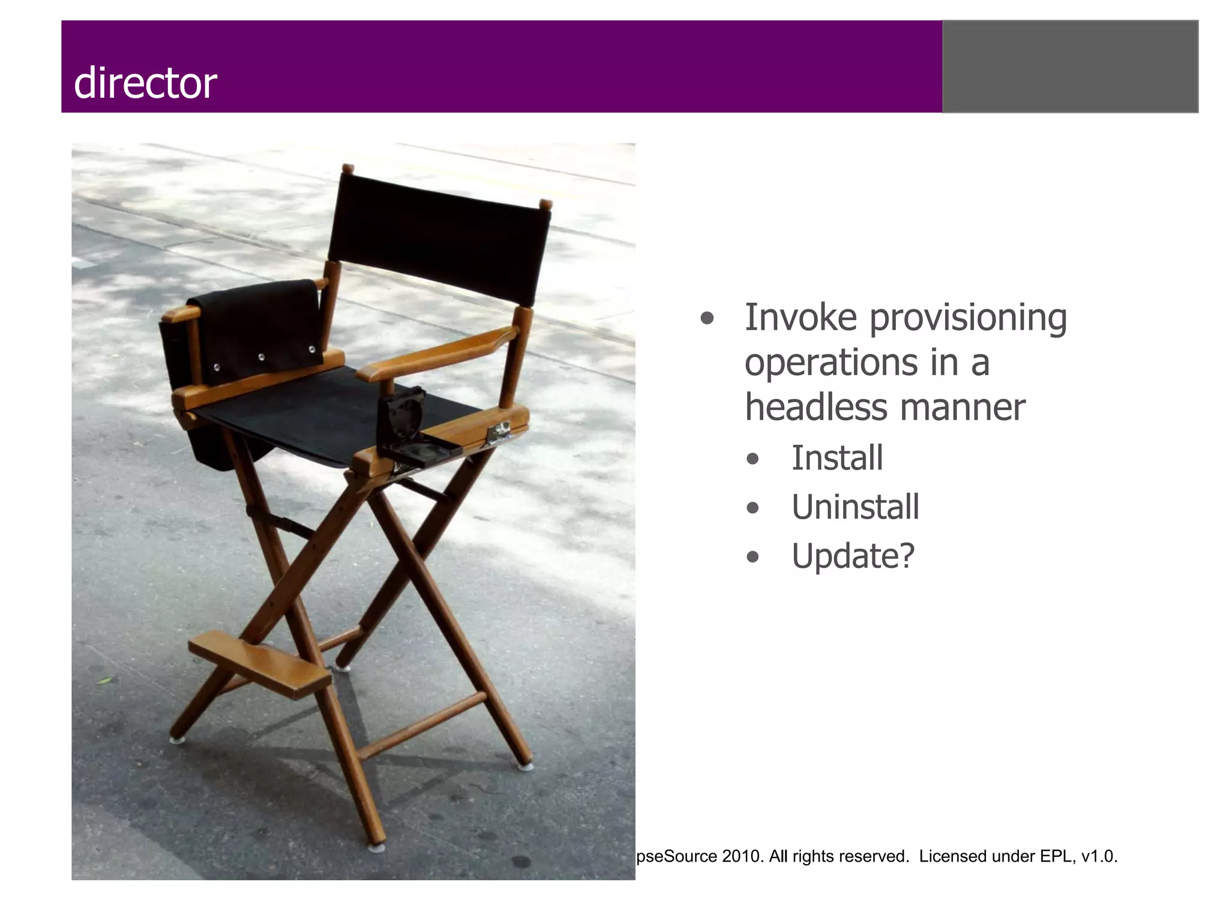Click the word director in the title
coord(145,83)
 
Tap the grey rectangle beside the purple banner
coord(1070,67)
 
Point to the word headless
coord(816,408)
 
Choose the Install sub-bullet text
coord(837,458)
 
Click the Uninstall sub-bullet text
coord(855,507)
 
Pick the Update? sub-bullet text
coord(853,556)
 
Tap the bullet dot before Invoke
coord(708,319)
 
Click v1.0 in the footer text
coord(1098,856)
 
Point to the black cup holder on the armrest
coord(408,426)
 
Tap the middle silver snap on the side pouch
coord(262,358)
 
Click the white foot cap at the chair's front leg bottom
coord(377,848)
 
